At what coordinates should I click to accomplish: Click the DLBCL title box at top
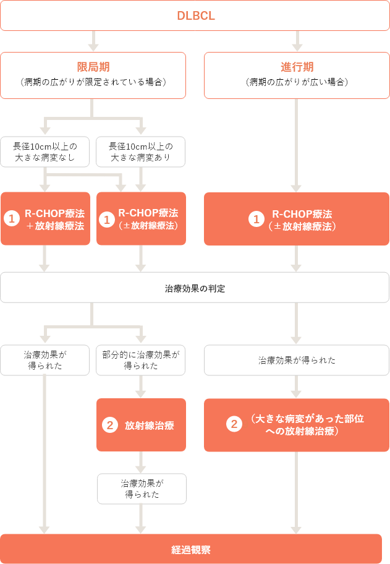point(195,15)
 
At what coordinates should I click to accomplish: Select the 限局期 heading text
point(93,67)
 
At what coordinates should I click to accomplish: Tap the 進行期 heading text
point(297,67)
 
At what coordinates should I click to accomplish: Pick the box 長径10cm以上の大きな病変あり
point(141,152)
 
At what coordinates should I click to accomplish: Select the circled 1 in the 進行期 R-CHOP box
point(255,219)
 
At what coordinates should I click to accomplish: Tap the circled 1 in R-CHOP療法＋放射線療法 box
point(12,219)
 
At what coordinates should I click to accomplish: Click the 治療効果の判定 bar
point(195,288)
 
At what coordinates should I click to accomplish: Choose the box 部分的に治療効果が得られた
point(141,360)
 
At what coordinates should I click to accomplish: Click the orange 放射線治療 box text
point(149,425)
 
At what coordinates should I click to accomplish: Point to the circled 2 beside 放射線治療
point(109,425)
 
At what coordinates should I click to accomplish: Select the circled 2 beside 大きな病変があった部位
point(234,425)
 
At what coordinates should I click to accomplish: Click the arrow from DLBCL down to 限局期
point(93,41)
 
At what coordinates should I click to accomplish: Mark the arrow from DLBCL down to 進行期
point(297,41)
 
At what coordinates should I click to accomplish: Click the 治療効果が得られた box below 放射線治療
point(141,488)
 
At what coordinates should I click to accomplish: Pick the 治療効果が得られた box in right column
point(297,360)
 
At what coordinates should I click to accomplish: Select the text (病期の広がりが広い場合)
point(297,82)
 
